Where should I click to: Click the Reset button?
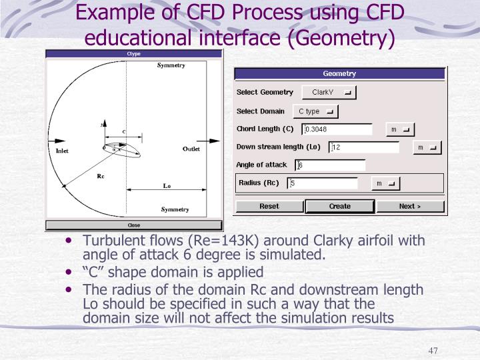pyautogui.click(x=269, y=207)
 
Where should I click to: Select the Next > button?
pyautogui.click(x=410, y=207)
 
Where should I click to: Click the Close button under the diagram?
pyautogui.click(x=133, y=225)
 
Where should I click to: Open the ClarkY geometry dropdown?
pyautogui.click(x=329, y=93)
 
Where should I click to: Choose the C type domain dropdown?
pyautogui.click(x=315, y=111)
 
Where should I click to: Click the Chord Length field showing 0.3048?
pyautogui.click(x=337, y=129)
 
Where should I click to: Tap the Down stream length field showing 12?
pyautogui.click(x=364, y=147)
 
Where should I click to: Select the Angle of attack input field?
pyautogui.click(x=331, y=165)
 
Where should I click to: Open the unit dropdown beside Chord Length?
pyautogui.click(x=401, y=129)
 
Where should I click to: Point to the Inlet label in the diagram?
pyautogui.click(x=62, y=151)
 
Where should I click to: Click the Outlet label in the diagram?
pyautogui.click(x=191, y=149)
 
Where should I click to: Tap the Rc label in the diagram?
pyautogui.click(x=101, y=176)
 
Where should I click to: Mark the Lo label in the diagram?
pyautogui.click(x=167, y=186)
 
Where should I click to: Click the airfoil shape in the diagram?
pyautogui.click(x=124, y=151)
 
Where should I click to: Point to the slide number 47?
pyautogui.click(x=434, y=351)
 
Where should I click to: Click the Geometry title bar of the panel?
pyautogui.click(x=339, y=74)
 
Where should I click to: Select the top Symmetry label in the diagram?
pyautogui.click(x=171, y=65)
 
